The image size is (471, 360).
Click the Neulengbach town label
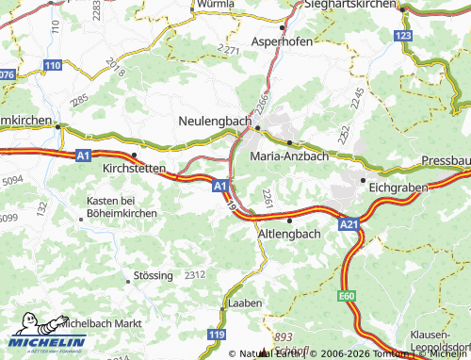(214, 122)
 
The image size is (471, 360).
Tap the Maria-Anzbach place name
(289, 155)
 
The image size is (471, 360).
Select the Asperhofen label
(288, 42)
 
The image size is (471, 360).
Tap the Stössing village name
(153, 275)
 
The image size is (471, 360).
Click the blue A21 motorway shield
(349, 224)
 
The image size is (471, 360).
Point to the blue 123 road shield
(403, 36)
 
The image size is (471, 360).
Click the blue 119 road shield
(217, 335)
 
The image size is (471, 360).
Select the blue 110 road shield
(53, 64)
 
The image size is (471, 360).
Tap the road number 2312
(194, 274)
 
